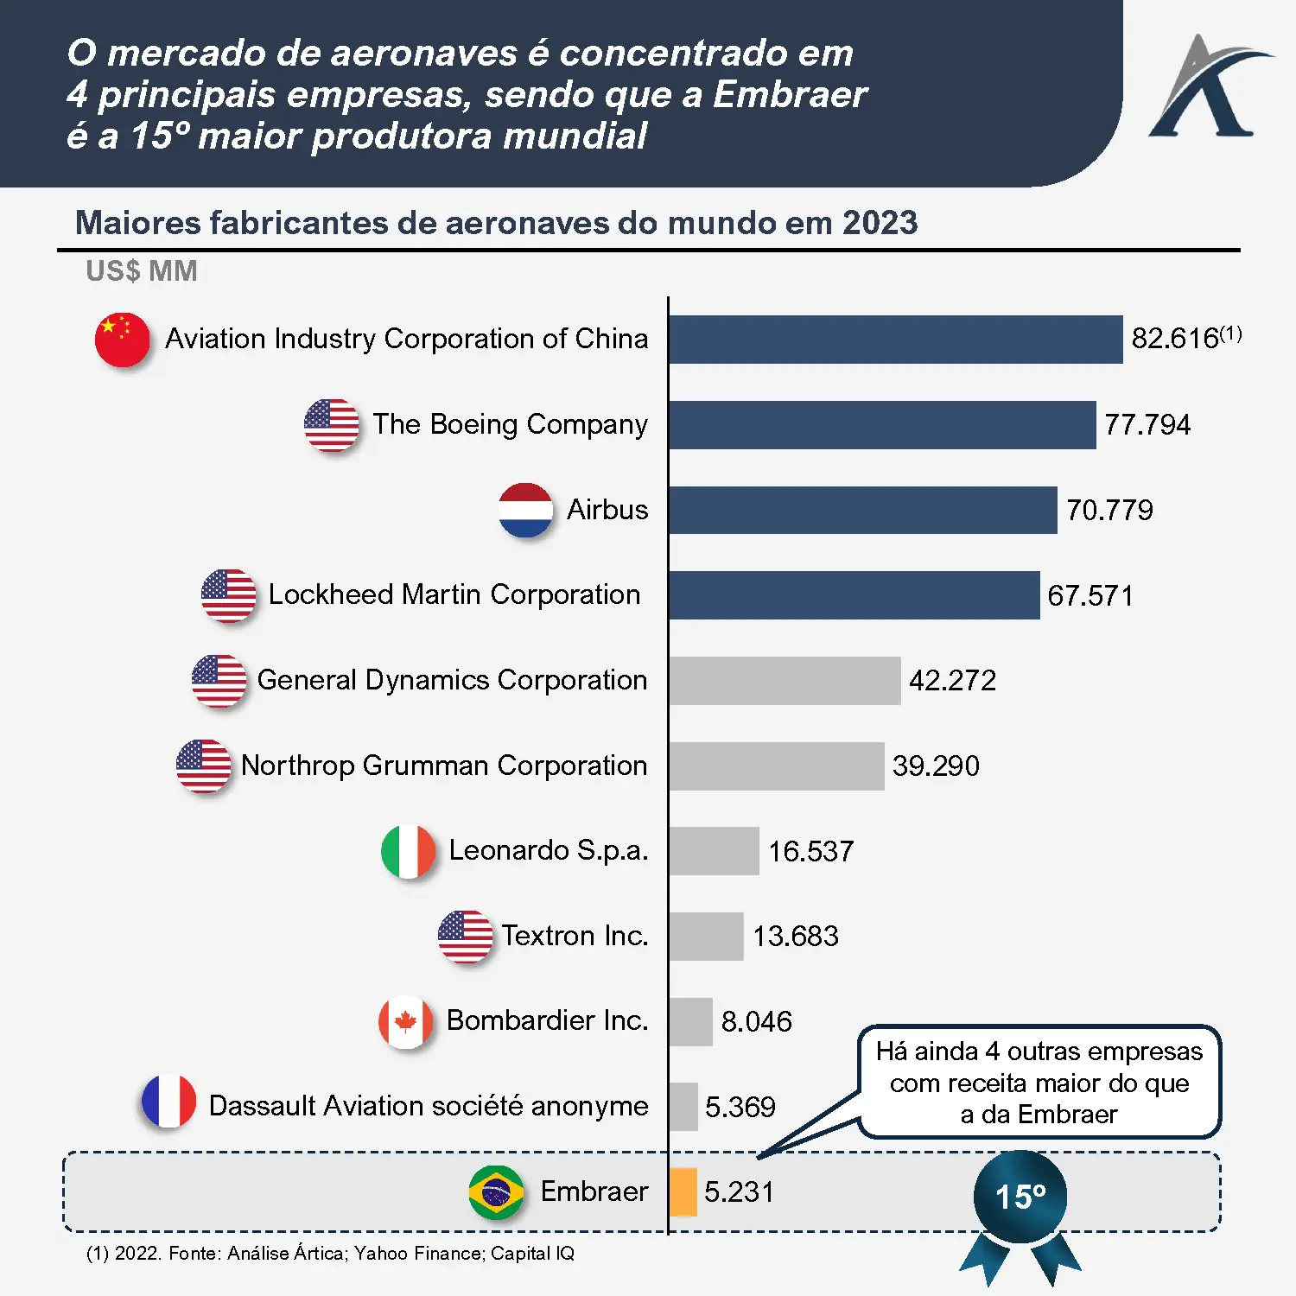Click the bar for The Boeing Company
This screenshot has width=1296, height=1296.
pyautogui.click(x=881, y=424)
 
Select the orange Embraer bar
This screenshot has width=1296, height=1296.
pyautogui.click(x=683, y=1191)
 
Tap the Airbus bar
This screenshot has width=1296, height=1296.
pyautogui.click(x=862, y=510)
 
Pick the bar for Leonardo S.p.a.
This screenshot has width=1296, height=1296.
pyautogui.click(x=714, y=851)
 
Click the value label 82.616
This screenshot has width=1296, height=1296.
pyautogui.click(x=1174, y=338)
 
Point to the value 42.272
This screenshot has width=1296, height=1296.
pyautogui.click(x=952, y=680)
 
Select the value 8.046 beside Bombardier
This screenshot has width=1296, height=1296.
pyautogui.click(x=756, y=1021)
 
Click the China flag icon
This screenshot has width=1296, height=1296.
pyautogui.click(x=122, y=339)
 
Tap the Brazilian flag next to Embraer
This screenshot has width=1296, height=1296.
pyautogui.click(x=496, y=1192)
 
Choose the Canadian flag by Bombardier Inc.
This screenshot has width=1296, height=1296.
pyautogui.click(x=405, y=1021)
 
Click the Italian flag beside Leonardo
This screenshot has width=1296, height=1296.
pyautogui.click(x=408, y=851)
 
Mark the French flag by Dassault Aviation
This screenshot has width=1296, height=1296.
pyautogui.click(x=168, y=1102)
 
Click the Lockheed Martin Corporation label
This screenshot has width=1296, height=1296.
pyautogui.click(x=454, y=594)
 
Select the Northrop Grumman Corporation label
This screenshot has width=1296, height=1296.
pyautogui.click(x=444, y=766)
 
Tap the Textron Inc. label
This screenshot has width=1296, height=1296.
pyautogui.click(x=575, y=936)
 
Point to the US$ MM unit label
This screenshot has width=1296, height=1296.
pyautogui.click(x=142, y=271)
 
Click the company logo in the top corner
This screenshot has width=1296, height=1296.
pyautogui.click(x=1207, y=86)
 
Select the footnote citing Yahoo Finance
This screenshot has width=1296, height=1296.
pyautogui.click(x=330, y=1253)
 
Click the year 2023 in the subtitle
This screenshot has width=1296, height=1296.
pyautogui.click(x=880, y=223)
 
